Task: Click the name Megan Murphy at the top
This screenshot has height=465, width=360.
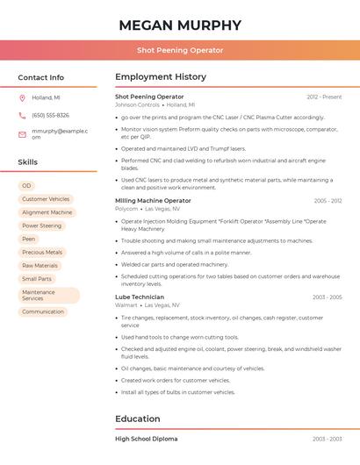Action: click(180, 25)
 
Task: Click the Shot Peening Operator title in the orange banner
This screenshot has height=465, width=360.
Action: click(180, 51)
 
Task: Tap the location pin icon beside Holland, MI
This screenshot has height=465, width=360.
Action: click(22, 97)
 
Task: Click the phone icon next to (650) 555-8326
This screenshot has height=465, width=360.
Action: click(22, 115)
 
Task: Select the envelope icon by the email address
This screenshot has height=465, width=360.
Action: click(22, 134)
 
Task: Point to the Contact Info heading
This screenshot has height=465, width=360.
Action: click(41, 77)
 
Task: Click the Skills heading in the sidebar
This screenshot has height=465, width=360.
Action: click(28, 162)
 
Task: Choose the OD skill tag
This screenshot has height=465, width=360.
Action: click(26, 186)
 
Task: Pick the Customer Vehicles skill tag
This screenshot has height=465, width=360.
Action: click(46, 199)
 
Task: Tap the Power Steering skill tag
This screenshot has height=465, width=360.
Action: click(42, 225)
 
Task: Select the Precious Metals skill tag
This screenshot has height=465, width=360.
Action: click(42, 252)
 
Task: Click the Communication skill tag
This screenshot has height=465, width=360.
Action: click(43, 311)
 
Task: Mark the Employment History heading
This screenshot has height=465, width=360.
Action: click(161, 77)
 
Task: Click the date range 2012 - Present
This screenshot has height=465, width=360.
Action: click(324, 97)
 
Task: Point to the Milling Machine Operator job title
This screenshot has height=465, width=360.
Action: click(153, 201)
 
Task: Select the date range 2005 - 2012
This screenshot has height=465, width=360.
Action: click(328, 201)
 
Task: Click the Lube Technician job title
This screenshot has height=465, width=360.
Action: click(140, 297)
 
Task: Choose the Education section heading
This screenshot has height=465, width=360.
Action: click(138, 418)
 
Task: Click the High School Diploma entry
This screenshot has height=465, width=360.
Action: click(146, 439)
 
